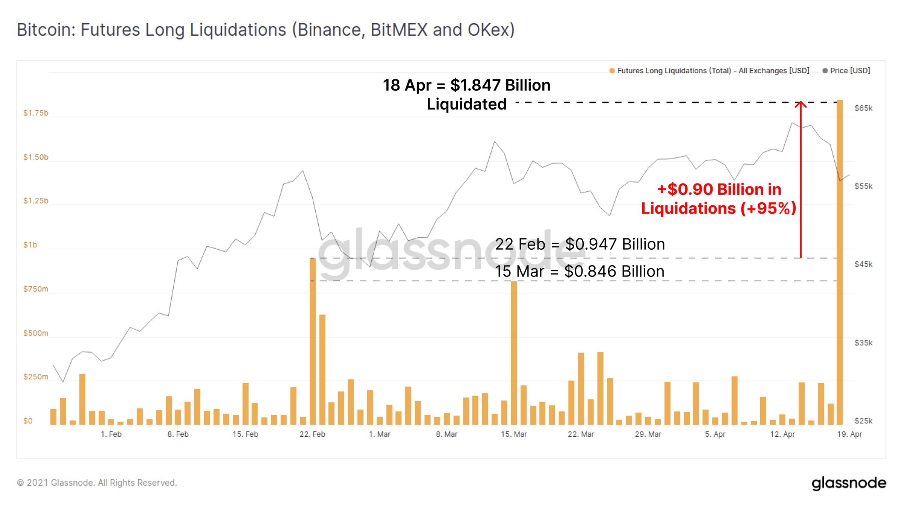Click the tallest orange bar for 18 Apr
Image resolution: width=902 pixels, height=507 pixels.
tap(840, 263)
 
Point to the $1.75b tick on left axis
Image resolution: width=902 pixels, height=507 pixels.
tap(36, 113)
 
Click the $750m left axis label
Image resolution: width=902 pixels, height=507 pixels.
tap(36, 289)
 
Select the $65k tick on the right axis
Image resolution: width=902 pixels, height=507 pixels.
tap(863, 108)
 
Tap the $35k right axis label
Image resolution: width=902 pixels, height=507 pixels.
tap(863, 343)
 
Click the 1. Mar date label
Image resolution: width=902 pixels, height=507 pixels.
tap(380, 434)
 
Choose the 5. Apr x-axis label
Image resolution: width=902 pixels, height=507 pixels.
tap(715, 434)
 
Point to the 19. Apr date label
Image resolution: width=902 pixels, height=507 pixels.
tap(849, 434)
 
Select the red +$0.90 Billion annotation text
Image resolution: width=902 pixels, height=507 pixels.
tap(719, 199)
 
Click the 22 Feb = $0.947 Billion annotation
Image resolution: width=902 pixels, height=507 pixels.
tap(580, 244)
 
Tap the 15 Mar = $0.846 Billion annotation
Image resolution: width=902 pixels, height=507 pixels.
tap(580, 271)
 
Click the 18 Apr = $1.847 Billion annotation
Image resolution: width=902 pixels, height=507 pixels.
tap(466, 94)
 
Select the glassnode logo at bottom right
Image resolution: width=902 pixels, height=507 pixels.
tap(849, 483)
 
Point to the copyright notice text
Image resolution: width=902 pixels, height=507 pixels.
tap(97, 483)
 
